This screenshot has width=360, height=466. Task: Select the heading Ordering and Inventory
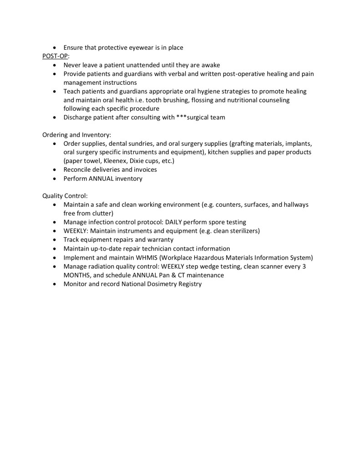tap(76, 135)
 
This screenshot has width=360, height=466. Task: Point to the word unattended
tap(142, 65)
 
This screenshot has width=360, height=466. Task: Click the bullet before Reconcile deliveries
tap(55, 170)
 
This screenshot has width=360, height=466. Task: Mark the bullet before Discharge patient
tap(55, 118)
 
